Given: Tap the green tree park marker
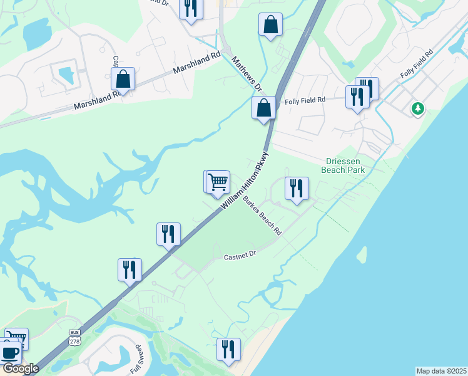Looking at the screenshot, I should coord(417,108).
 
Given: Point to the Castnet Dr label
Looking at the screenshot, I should coord(240,256).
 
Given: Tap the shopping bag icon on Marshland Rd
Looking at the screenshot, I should coord(123,80).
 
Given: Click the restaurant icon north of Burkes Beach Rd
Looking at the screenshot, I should coord(297,188).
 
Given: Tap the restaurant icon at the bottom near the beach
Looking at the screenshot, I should coord(228,349).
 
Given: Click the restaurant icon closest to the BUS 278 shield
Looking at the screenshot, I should coord(130,269).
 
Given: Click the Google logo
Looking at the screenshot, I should coord(20,368).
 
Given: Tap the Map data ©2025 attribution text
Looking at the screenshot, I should coord(442,371).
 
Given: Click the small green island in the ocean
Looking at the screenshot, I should coord(362,253).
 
